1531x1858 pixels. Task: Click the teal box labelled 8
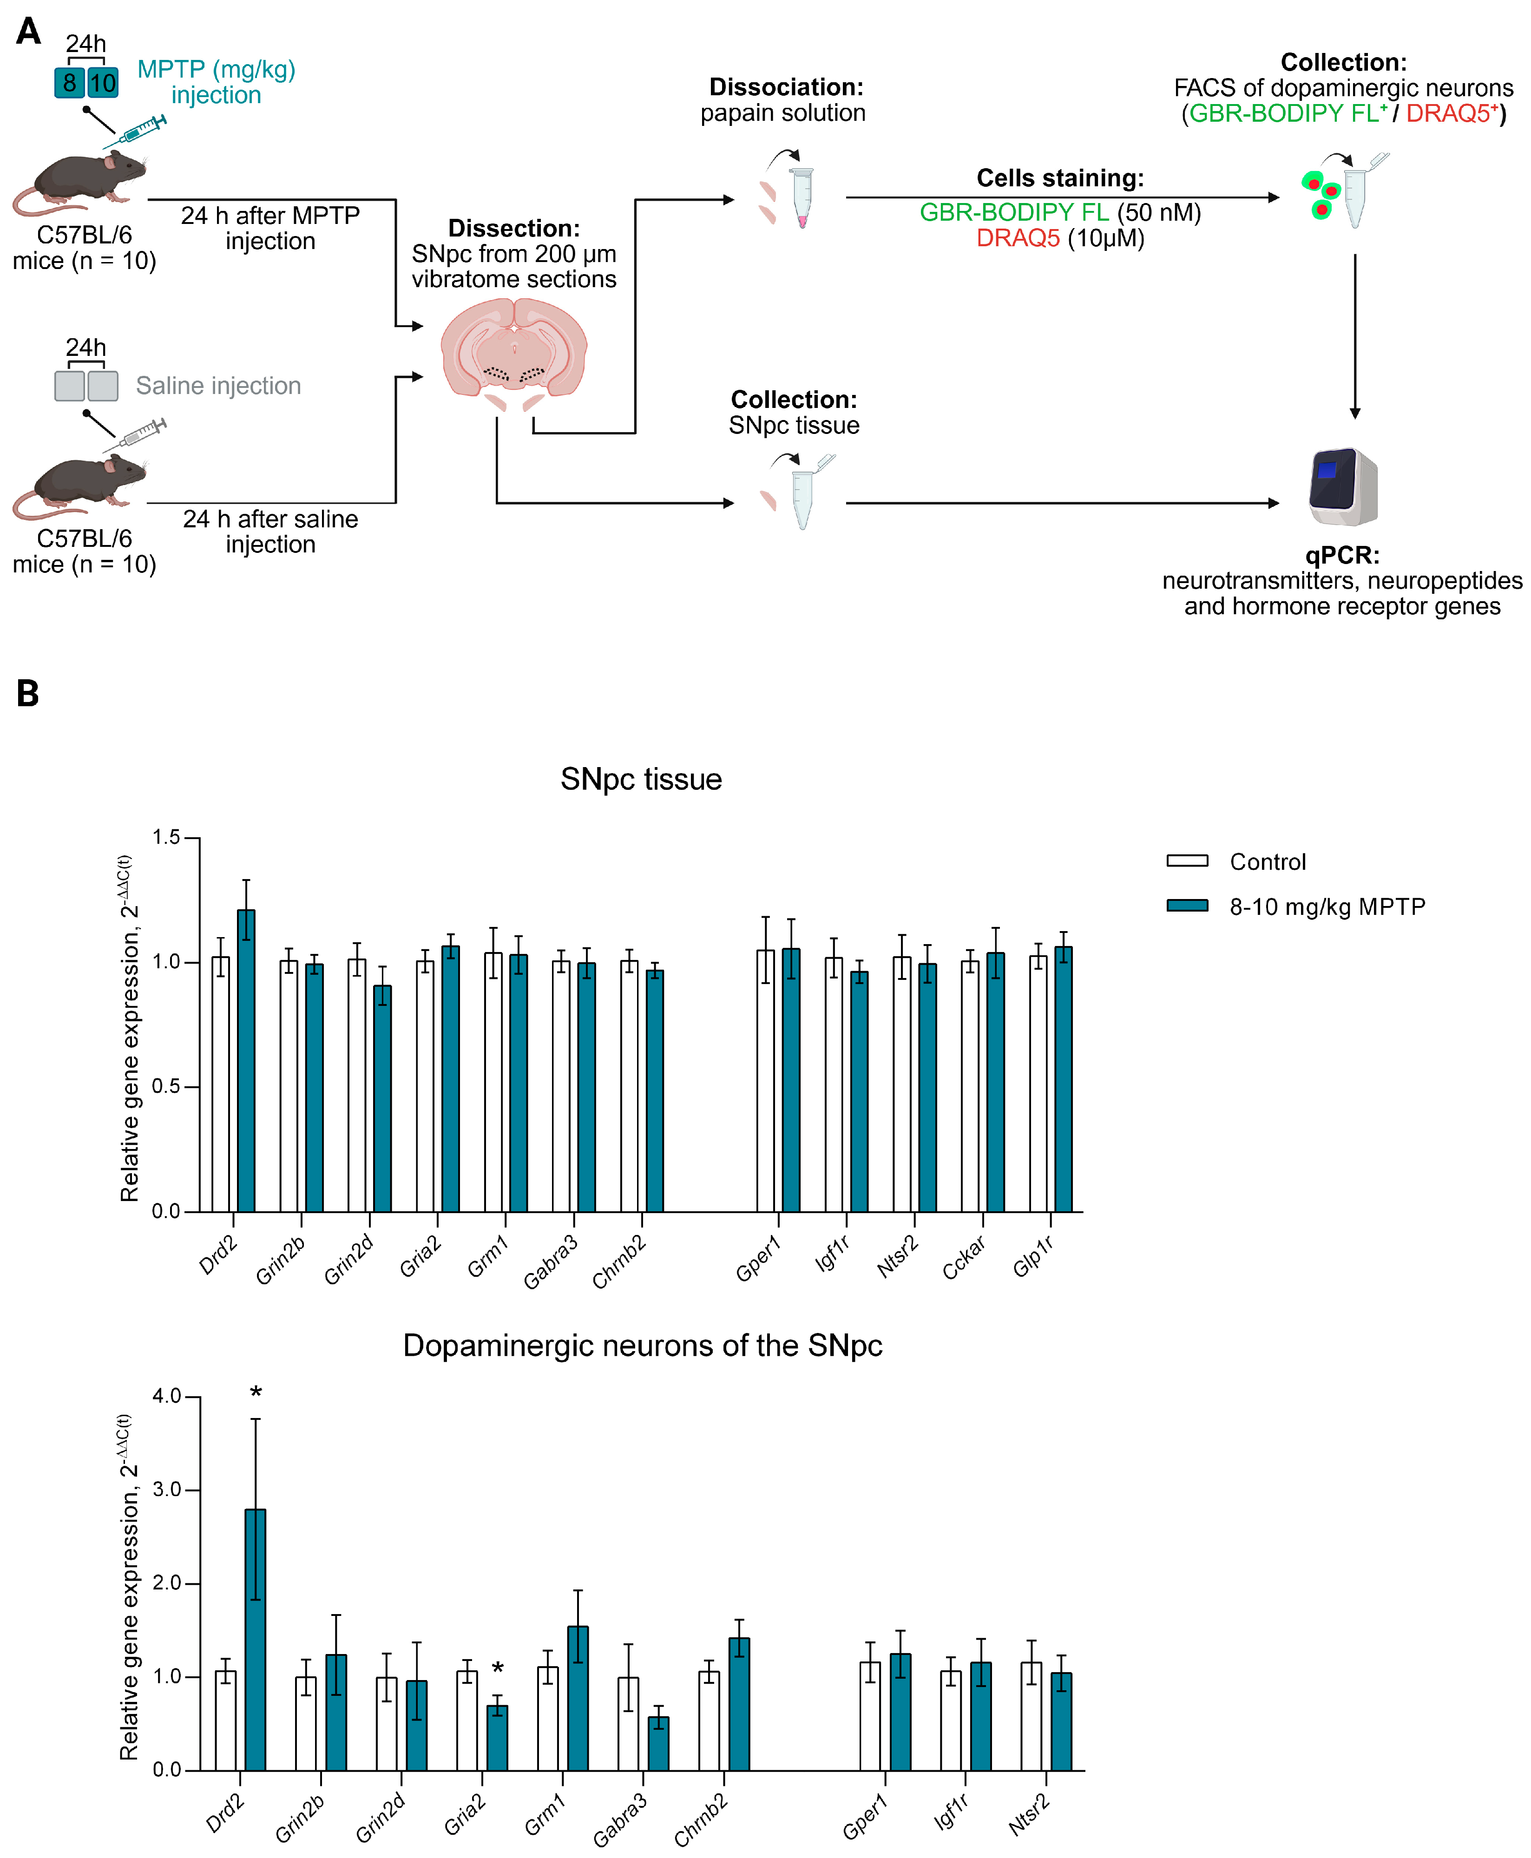[x=69, y=83]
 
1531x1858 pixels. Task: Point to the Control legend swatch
[x=1187, y=860]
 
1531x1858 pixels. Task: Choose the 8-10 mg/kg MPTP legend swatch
[x=1187, y=906]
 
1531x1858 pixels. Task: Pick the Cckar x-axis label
[x=964, y=1257]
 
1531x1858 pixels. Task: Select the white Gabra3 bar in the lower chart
[x=628, y=1724]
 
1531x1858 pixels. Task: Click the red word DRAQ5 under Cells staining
[x=1018, y=238]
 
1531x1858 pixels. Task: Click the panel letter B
[x=28, y=694]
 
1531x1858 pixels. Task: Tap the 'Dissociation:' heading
[x=786, y=87]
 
